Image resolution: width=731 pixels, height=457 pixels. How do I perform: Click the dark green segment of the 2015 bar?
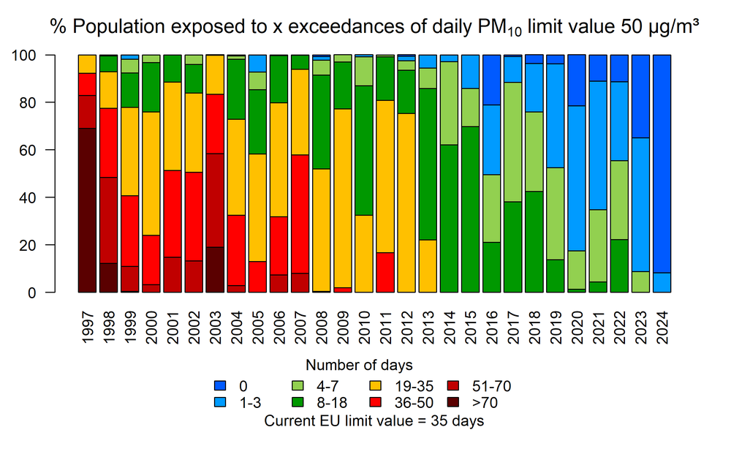click(470, 209)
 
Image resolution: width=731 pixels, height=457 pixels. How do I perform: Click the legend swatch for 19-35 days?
click(374, 385)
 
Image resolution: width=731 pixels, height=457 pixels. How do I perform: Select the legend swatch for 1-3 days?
click(218, 401)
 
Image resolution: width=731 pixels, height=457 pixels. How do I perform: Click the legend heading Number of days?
click(358, 365)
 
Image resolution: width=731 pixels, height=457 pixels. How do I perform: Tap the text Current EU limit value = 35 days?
click(374, 420)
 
